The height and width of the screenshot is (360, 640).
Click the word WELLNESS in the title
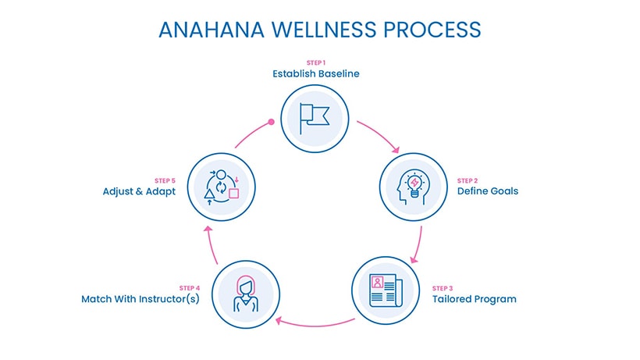[324, 30]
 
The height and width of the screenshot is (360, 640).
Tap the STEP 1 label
[316, 62]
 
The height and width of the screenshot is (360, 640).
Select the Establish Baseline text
[316, 74]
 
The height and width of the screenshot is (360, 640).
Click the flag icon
[315, 119]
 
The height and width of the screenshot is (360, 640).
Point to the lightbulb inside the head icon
[414, 184]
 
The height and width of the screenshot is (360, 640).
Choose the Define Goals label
[488, 191]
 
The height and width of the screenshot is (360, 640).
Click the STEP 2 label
[468, 181]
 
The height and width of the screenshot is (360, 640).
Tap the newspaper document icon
[386, 290]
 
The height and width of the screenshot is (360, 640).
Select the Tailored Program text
[475, 299]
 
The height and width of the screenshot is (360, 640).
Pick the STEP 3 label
[443, 289]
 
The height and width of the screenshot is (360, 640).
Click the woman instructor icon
[246, 294]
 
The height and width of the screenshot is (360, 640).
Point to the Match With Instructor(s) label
[140, 299]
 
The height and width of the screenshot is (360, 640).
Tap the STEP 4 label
[190, 288]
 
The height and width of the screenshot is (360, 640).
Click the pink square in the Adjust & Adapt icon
[233, 193]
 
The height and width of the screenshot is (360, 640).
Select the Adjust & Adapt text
[139, 191]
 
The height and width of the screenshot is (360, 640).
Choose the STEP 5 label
[165, 181]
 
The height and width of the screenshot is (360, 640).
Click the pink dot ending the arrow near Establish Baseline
[271, 122]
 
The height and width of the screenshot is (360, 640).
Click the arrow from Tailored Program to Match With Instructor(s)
[315, 326]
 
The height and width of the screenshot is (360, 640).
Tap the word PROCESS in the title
[432, 30]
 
